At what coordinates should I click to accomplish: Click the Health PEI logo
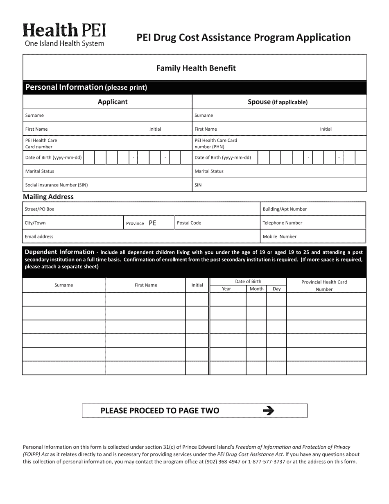(x=64, y=35)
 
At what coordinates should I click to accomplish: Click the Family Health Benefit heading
(x=196, y=68)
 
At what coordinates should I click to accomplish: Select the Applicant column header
(x=113, y=102)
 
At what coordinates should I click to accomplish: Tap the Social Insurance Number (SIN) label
(x=57, y=185)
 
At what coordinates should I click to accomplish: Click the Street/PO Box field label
(x=39, y=209)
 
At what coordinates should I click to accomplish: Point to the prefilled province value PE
(x=152, y=223)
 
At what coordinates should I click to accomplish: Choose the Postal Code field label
(x=189, y=223)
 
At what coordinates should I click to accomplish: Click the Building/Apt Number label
(x=285, y=209)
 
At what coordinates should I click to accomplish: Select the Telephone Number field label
(x=283, y=223)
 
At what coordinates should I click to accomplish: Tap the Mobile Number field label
(x=280, y=236)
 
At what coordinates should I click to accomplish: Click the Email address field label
(x=39, y=236)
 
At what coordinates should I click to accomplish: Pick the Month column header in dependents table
(x=256, y=289)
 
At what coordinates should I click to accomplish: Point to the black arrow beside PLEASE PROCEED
(x=268, y=411)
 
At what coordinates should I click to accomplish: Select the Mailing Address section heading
(x=48, y=197)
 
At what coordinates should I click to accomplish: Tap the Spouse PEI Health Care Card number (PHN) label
(x=215, y=143)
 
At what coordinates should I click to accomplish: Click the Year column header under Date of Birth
(x=226, y=289)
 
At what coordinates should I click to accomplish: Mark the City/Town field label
(x=35, y=223)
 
